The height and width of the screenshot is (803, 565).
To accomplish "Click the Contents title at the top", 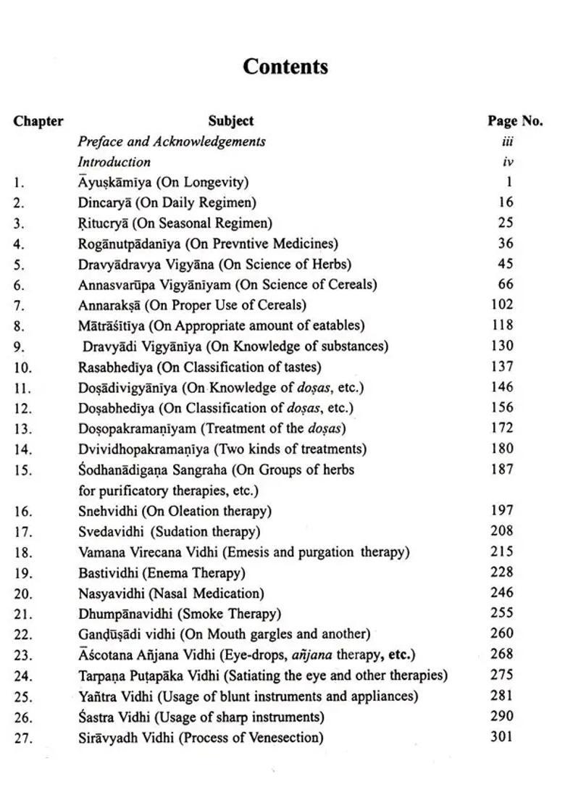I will tap(285, 67).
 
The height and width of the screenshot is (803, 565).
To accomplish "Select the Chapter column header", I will tap(38, 121).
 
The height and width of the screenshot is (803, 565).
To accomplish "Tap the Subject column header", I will tap(231, 121).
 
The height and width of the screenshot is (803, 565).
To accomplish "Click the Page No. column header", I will tap(515, 121).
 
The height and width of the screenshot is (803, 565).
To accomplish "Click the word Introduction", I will tap(114, 162).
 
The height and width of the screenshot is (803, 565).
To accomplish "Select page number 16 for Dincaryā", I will tap(506, 203).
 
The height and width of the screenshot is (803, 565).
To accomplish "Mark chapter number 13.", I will tap(22, 429).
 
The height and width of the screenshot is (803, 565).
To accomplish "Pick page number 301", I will tap(501, 737).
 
